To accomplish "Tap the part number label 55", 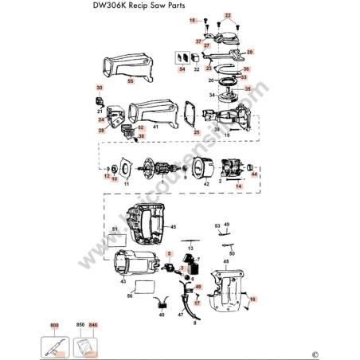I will click(131, 81).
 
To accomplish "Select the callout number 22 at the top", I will click(227, 16).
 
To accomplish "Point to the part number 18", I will click(191, 19).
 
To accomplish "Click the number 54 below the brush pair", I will click(182, 70).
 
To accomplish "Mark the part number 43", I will click(123, 282).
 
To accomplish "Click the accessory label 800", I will click(55, 327).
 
